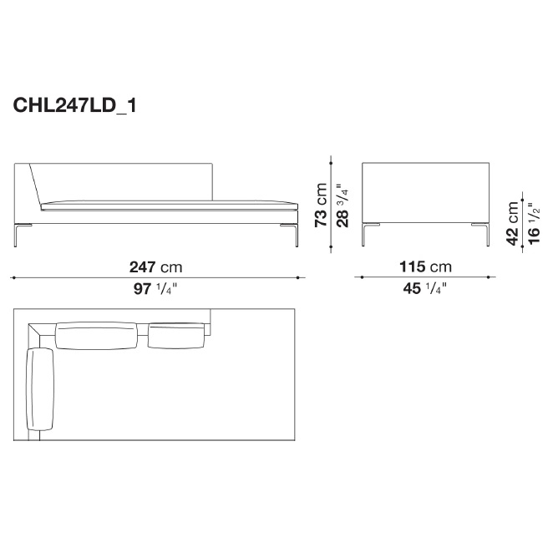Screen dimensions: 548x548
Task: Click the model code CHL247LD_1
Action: coord(74,105)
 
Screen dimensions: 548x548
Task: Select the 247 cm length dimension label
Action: coord(156,267)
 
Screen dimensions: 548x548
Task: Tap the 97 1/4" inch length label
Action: coord(155,289)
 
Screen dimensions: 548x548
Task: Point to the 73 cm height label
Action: coord(321,205)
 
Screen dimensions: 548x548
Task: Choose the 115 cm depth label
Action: coord(425,267)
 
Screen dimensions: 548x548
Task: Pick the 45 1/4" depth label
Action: coord(425,289)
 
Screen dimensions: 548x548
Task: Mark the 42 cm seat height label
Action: coord(513,224)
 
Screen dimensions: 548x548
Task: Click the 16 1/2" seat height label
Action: coord(534,224)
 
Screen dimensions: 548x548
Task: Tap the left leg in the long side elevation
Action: coord(16,235)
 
